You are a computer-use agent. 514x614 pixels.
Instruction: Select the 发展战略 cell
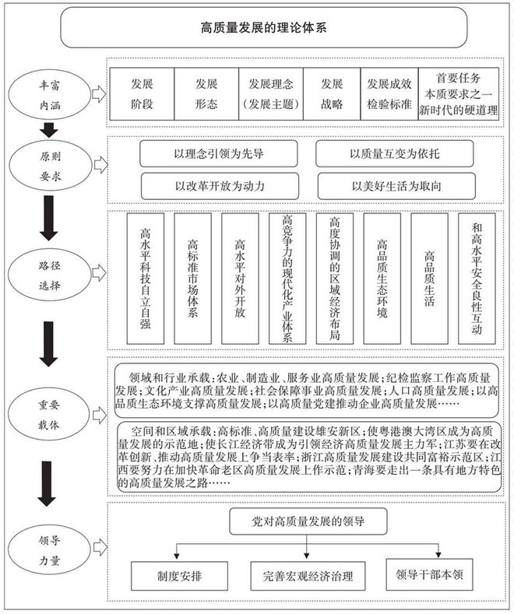[x=331, y=93]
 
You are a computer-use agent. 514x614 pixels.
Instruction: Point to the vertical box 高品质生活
[x=429, y=278]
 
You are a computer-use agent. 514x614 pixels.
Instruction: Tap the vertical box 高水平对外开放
[x=240, y=278]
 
